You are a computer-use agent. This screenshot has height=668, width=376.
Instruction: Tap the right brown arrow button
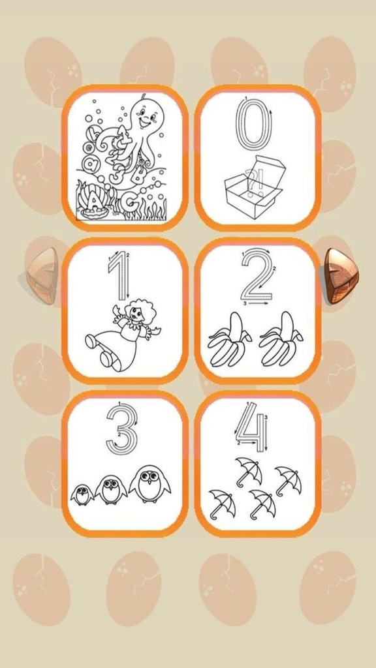pos(340,276)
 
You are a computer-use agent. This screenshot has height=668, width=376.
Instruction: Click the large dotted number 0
pos(253,125)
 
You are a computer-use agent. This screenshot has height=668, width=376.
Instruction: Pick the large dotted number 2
pos(255,275)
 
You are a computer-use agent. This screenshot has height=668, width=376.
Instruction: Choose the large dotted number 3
pos(121,427)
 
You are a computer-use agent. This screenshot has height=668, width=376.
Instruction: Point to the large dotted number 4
pos(252,427)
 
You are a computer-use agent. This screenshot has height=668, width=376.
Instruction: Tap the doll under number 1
pos(124,334)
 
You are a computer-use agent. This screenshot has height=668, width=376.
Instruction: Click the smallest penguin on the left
pos(82,494)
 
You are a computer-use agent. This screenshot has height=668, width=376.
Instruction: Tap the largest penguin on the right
pos(149,484)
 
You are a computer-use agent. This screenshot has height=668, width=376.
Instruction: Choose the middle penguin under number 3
pos(111,489)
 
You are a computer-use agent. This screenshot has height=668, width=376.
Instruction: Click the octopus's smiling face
pos(145,117)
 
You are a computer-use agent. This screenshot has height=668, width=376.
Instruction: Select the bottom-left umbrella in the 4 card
pos(222,503)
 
